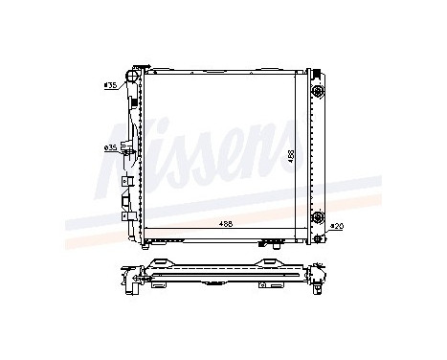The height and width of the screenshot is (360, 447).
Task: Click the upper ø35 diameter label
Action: point(110,86)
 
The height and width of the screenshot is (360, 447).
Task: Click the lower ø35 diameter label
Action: point(110,147)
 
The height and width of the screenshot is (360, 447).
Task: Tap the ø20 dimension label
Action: point(336,227)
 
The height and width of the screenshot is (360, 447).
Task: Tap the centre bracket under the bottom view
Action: point(226,292)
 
